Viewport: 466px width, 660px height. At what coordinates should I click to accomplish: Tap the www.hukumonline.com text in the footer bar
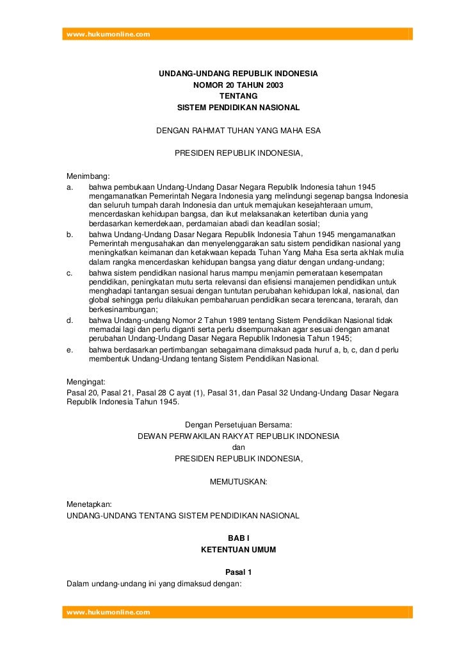108,612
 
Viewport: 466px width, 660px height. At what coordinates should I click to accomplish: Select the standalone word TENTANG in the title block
238,96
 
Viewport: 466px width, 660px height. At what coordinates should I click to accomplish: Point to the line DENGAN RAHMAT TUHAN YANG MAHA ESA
238,131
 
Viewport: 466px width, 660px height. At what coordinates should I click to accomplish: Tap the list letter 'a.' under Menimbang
70,186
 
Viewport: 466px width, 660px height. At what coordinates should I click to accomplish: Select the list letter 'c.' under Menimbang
70,274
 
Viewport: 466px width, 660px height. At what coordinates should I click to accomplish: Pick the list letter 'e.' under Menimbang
70,349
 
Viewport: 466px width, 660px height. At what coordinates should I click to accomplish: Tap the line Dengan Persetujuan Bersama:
238,425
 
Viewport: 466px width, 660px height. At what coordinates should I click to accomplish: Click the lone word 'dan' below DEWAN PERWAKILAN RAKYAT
238,447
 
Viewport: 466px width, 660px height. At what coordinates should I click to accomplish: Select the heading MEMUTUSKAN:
238,481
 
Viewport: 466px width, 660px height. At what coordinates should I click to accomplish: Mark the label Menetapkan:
90,504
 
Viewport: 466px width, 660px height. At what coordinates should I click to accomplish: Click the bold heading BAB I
238,538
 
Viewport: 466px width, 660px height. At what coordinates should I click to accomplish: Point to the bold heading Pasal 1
238,572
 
